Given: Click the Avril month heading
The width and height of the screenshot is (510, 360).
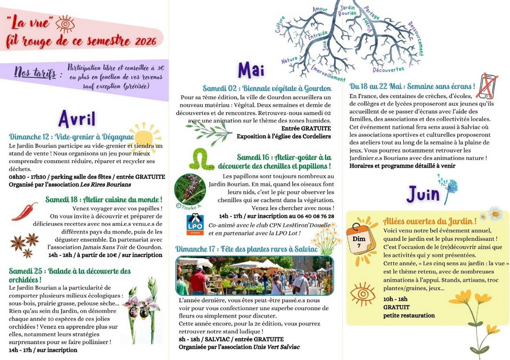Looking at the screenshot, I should [x=77, y=119].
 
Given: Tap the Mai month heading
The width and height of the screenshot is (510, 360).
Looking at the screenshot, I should [x=251, y=70].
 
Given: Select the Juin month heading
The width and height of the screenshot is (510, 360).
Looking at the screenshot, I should [x=423, y=194].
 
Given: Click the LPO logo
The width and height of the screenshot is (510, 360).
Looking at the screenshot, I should [x=195, y=224].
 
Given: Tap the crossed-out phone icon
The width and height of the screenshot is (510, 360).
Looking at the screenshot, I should [x=487, y=86].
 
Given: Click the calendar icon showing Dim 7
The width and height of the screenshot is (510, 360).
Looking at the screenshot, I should [x=360, y=239].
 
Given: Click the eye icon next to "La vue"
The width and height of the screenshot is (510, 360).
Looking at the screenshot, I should [x=65, y=23].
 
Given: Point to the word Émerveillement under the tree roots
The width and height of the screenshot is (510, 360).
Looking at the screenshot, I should [x=328, y=73].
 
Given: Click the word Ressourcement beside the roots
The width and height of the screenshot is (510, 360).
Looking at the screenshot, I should [x=416, y=38].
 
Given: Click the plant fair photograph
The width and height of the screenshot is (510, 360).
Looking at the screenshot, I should [x=254, y=275].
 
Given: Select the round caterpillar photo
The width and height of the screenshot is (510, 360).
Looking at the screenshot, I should [x=190, y=189].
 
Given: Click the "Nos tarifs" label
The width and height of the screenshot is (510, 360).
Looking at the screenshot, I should [x=35, y=73].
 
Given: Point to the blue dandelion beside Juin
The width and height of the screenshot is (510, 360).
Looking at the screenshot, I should [x=449, y=186].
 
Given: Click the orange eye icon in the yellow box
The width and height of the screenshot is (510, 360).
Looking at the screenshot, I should [x=362, y=294].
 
